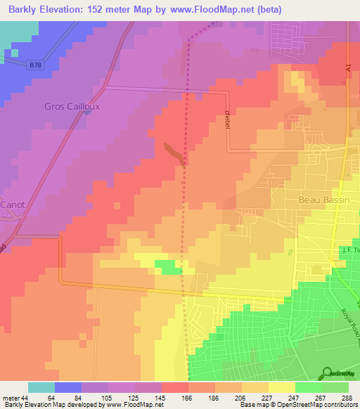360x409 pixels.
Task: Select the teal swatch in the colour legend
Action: point(41,387)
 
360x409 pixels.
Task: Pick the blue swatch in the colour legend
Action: point(68,387)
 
